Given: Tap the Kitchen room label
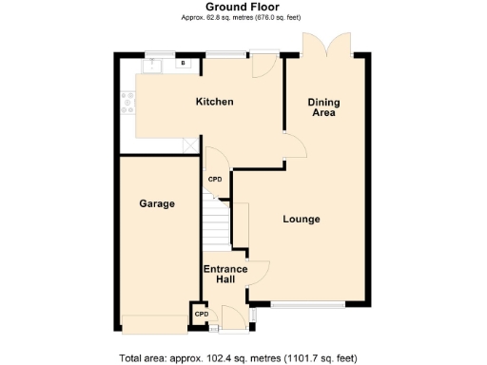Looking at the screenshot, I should (214, 102).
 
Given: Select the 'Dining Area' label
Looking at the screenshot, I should (324, 106).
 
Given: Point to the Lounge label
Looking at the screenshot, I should (301, 220).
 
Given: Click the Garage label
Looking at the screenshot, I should (157, 203).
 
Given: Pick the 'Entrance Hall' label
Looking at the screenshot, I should (225, 275).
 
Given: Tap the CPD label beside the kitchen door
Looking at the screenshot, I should (216, 179).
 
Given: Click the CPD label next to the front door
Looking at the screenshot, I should (201, 313).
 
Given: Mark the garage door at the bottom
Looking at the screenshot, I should (154, 324).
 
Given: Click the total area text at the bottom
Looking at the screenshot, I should (238, 358).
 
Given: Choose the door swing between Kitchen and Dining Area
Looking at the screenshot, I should (295, 145).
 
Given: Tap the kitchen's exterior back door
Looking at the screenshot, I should (263, 65).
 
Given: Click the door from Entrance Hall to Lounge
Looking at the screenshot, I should (258, 274).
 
